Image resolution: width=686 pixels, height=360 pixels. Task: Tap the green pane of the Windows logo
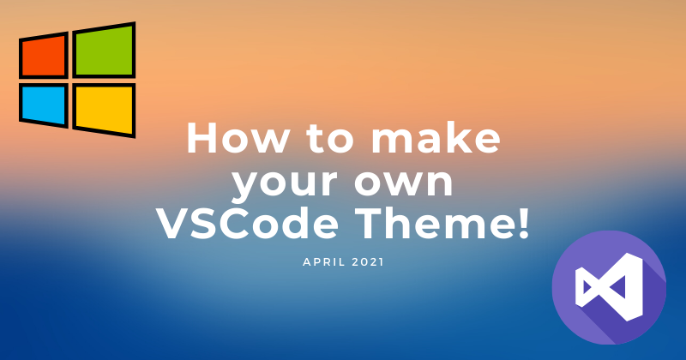(x=104, y=51)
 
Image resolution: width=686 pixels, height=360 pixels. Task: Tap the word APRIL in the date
(x=322, y=262)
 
